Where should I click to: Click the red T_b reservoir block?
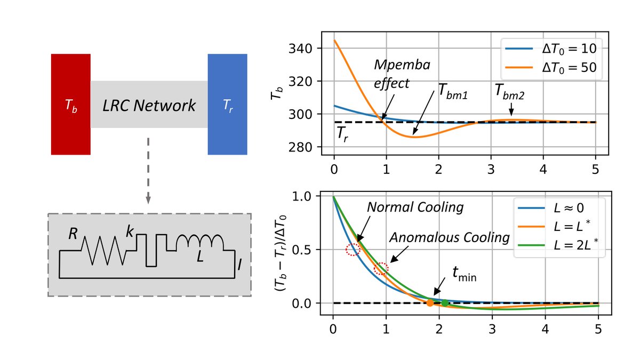pos(70,104)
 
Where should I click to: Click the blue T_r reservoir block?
pos(227,104)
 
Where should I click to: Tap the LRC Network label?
pos(149,105)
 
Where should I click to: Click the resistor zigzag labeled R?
pos(103,251)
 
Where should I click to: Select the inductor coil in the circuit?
pos(199,242)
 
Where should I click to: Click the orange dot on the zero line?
pos(430,303)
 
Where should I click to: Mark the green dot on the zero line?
pos(445,303)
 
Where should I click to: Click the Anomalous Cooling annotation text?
pos(450,237)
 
